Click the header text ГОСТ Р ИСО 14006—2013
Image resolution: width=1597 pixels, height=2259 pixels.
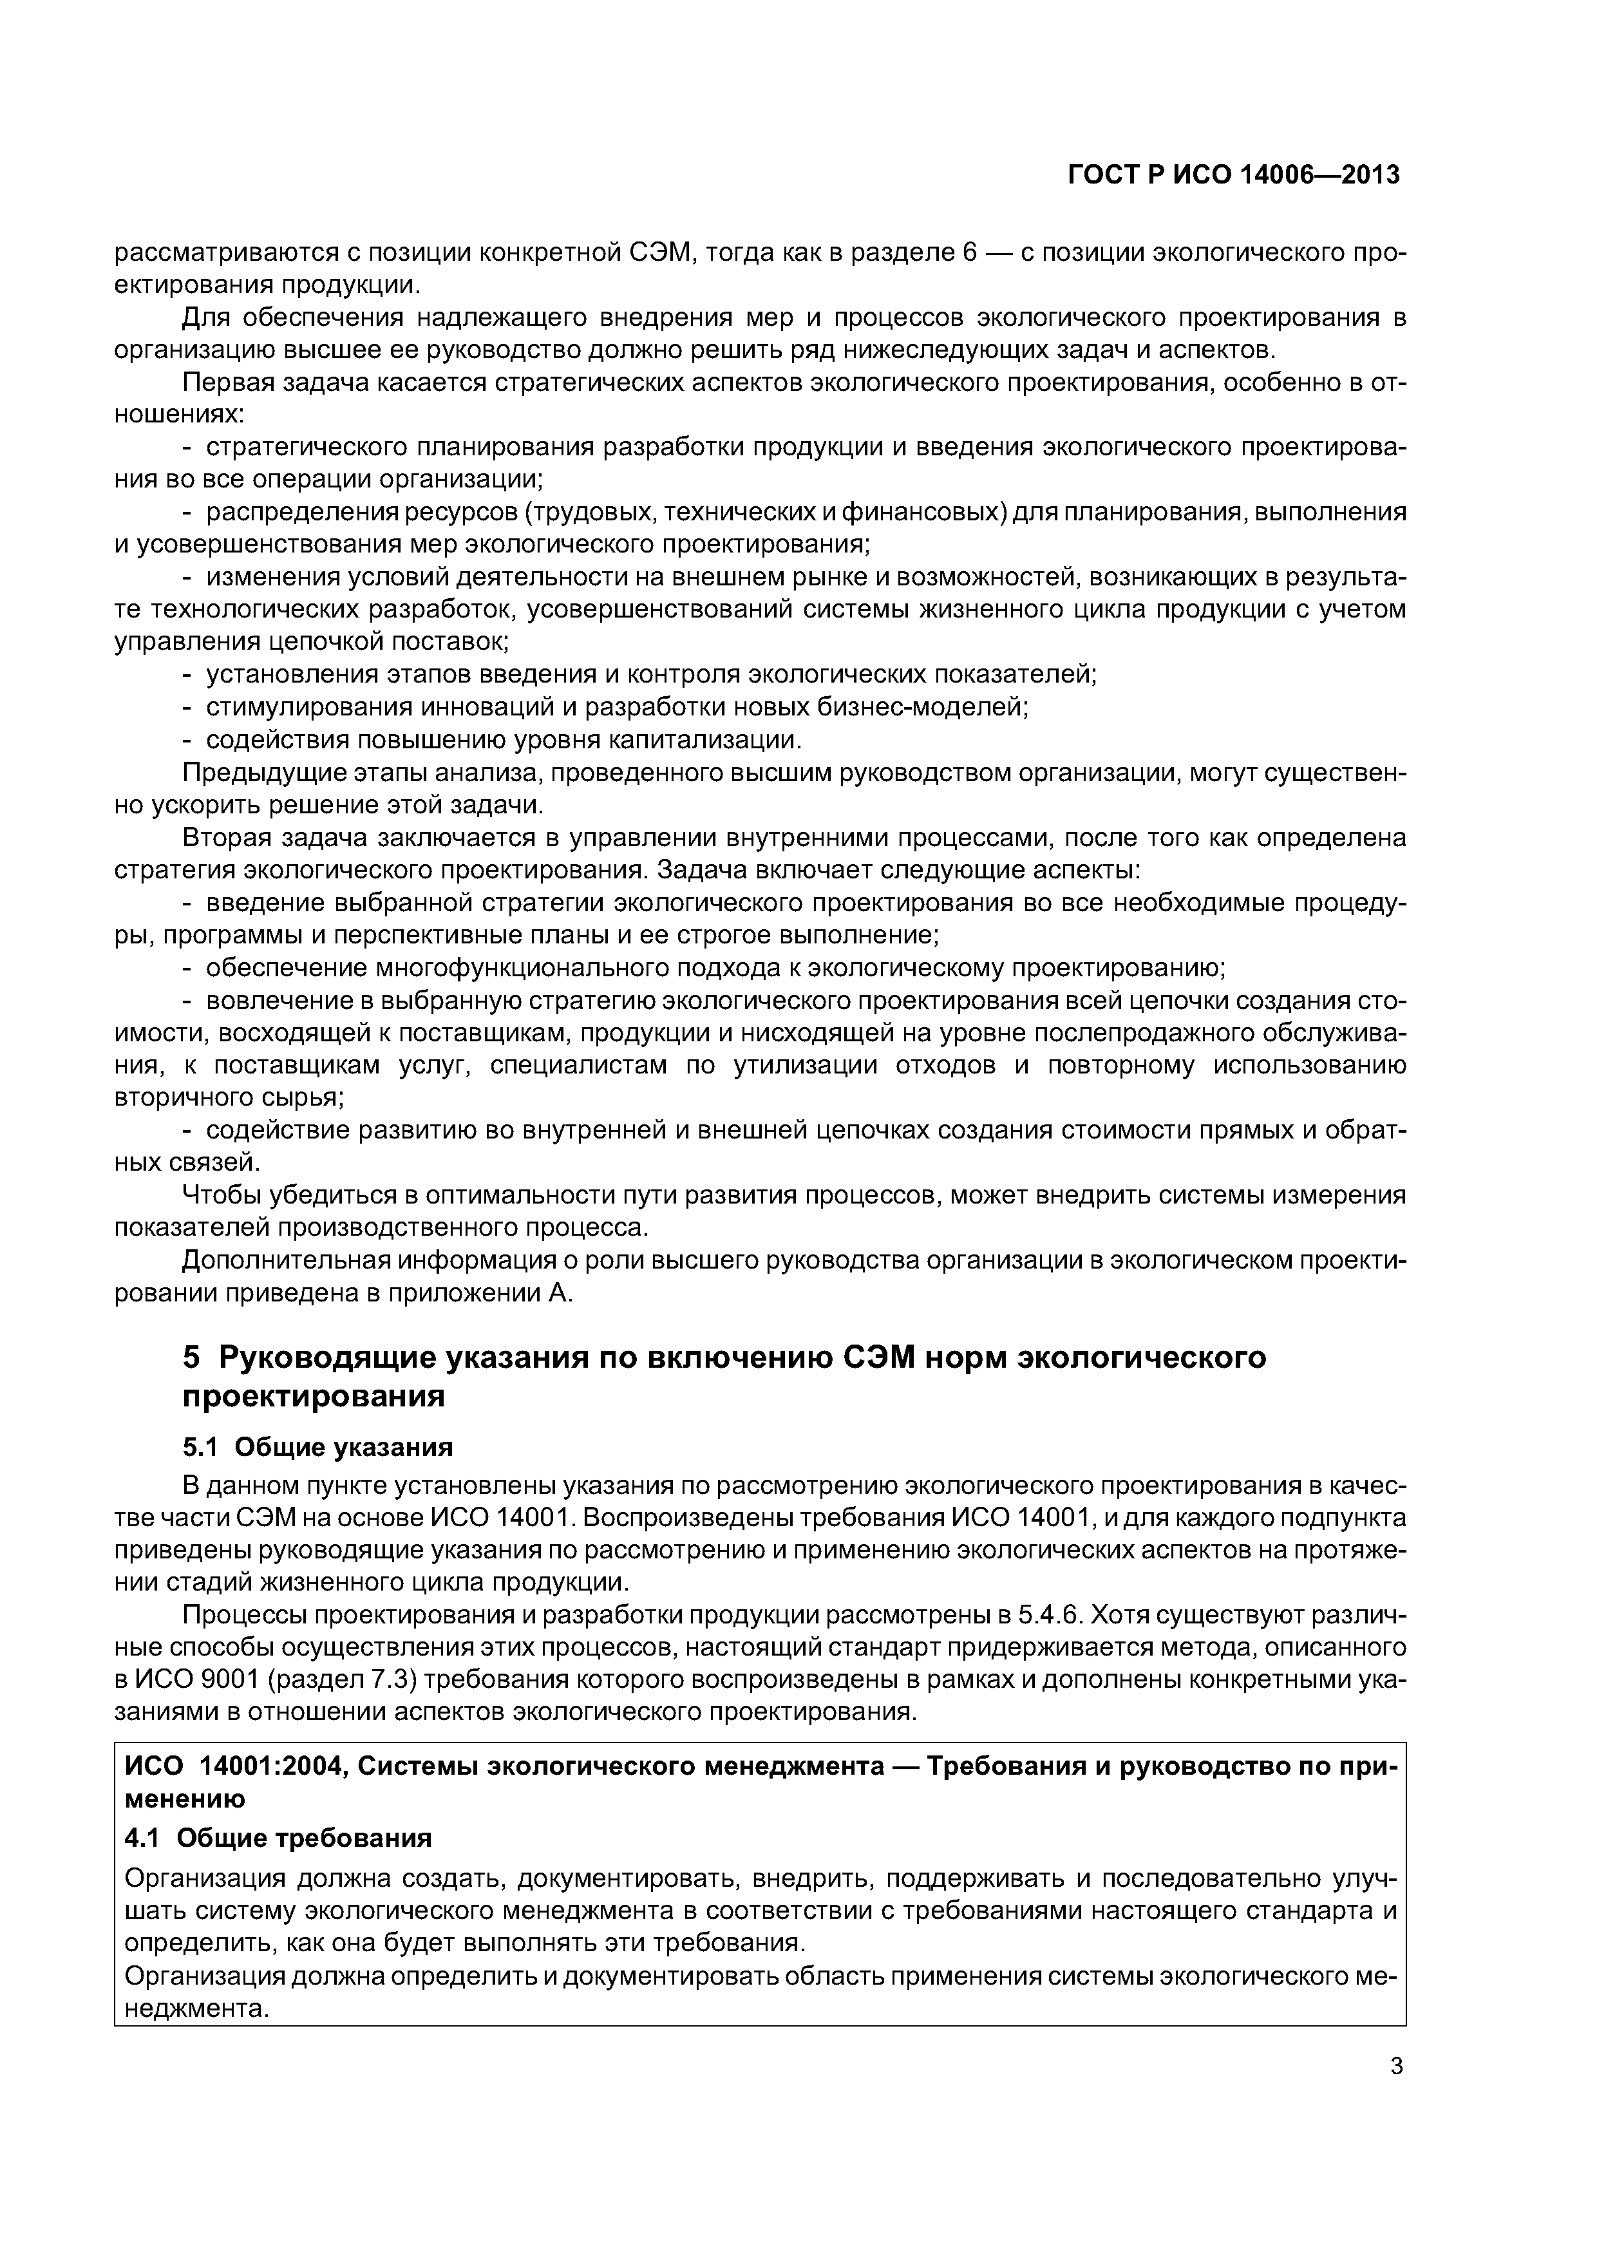pyautogui.click(x=1233, y=175)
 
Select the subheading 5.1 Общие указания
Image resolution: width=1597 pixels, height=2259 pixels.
pyautogui.click(x=317, y=1448)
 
